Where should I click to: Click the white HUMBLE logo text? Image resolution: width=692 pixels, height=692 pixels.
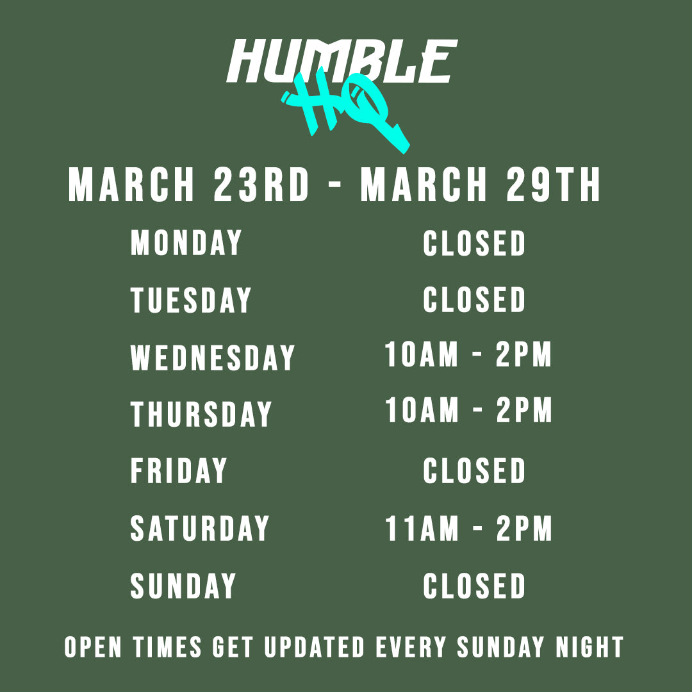(x=342, y=61)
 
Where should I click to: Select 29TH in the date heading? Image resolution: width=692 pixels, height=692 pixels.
(x=553, y=185)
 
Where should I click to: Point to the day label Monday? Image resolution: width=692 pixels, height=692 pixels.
(x=186, y=242)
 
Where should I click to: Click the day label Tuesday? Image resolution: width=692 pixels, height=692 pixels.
(x=191, y=300)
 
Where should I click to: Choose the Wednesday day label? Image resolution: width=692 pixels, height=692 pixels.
(x=212, y=357)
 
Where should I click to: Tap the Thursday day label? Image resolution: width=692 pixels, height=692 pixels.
(x=201, y=414)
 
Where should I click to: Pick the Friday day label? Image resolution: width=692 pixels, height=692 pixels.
(x=179, y=470)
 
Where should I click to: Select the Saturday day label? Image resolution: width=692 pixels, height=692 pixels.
(x=199, y=528)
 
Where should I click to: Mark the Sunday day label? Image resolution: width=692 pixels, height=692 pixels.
(x=183, y=585)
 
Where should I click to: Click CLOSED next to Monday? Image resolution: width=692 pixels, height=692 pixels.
(x=474, y=243)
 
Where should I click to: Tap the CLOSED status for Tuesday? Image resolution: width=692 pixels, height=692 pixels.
(x=474, y=300)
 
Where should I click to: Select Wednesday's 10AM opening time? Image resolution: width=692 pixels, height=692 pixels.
(x=422, y=354)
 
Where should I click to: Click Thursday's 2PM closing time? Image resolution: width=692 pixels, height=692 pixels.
(x=524, y=410)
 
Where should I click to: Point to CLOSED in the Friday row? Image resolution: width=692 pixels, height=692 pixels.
(x=474, y=470)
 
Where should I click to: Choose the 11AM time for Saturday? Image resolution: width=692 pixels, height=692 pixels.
(x=422, y=528)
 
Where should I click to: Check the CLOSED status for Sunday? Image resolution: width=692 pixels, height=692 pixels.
(x=474, y=586)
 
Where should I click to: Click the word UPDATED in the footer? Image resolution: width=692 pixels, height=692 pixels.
(x=314, y=647)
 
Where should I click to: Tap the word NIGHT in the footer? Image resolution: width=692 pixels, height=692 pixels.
(x=589, y=647)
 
